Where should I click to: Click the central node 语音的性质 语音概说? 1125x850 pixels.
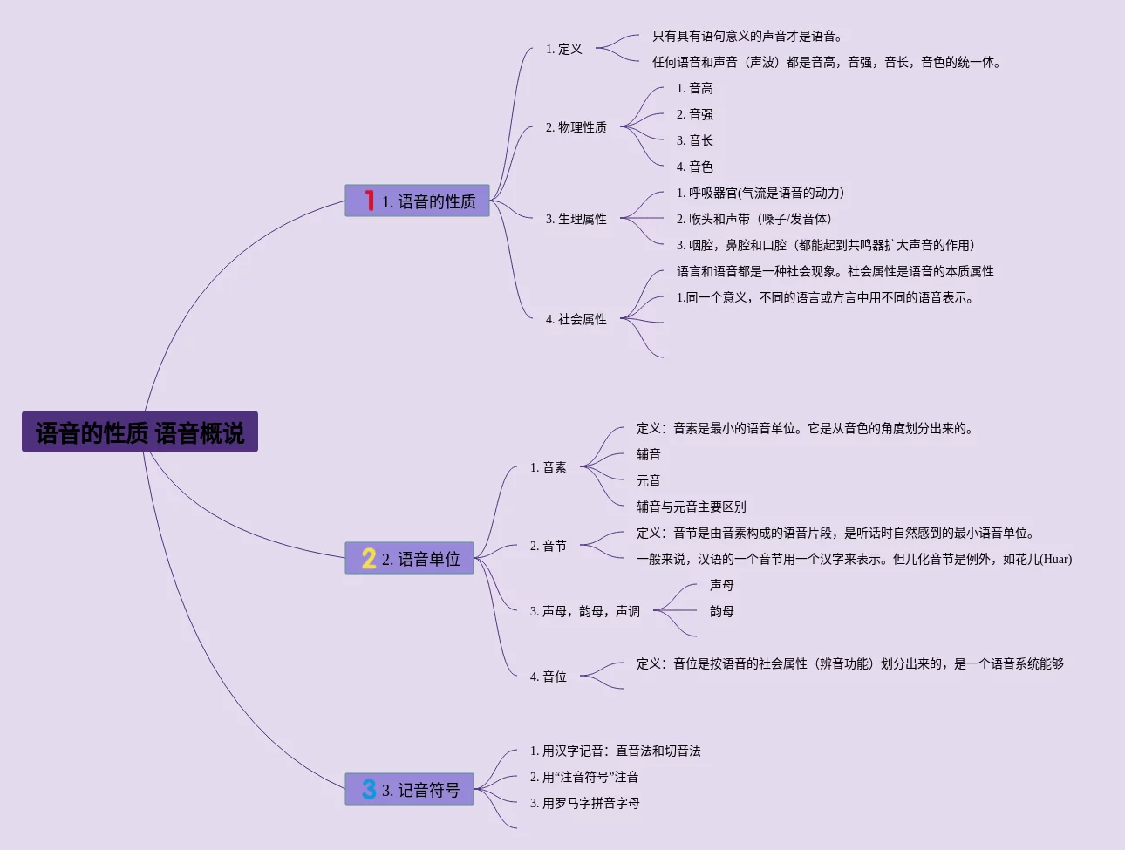[140, 432]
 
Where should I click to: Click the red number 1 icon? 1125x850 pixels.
[370, 201]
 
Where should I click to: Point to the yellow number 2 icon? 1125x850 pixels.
[369, 558]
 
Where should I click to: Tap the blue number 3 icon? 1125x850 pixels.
[369, 789]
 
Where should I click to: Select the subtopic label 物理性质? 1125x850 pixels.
[576, 127]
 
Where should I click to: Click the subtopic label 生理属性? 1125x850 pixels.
[576, 219]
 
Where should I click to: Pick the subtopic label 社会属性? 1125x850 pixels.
[576, 319]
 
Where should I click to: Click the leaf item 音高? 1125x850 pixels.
[694, 88]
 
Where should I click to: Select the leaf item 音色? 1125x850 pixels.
[694, 167]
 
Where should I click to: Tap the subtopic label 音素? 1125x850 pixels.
[548, 467]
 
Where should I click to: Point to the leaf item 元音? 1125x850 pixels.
[648, 480]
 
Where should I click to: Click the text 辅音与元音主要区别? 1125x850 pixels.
[691, 507]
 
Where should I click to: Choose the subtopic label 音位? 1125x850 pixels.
[548, 677]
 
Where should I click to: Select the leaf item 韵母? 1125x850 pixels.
[721, 611]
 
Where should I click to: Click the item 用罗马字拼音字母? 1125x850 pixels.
[584, 803]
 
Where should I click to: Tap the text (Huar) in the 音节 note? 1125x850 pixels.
[1055, 559]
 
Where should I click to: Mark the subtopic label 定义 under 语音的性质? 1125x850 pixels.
[563, 49]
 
